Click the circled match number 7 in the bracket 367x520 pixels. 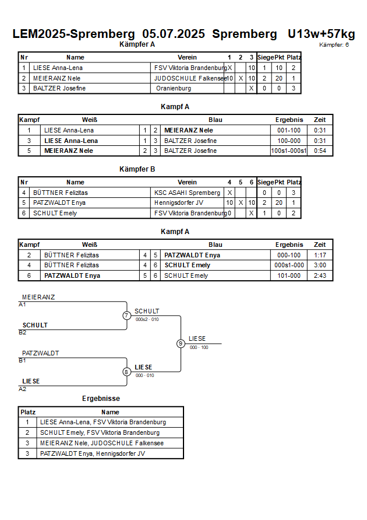click(x=126, y=315)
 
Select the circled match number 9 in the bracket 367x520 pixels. click(x=181, y=344)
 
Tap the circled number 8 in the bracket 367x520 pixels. click(x=126, y=372)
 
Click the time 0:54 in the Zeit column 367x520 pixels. click(x=320, y=151)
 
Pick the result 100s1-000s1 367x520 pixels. click(x=289, y=151)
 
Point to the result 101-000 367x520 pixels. click(x=289, y=275)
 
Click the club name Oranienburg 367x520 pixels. click(x=174, y=89)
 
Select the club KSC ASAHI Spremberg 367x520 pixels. click(x=187, y=193)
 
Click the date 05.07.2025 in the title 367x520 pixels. click(x=174, y=34)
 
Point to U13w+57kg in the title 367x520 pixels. click(x=322, y=34)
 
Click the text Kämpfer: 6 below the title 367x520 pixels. click(x=334, y=45)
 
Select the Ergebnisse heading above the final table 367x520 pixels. click(x=101, y=399)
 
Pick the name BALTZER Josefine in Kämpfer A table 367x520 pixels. click(x=59, y=89)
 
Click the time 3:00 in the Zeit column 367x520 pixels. click(x=320, y=266)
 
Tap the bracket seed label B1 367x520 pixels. click(x=22, y=361)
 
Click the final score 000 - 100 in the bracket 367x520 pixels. click(x=199, y=348)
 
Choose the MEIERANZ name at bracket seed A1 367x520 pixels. click(x=38, y=297)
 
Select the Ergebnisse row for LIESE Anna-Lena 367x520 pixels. click(x=101, y=422)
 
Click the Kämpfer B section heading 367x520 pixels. click(x=137, y=169)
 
